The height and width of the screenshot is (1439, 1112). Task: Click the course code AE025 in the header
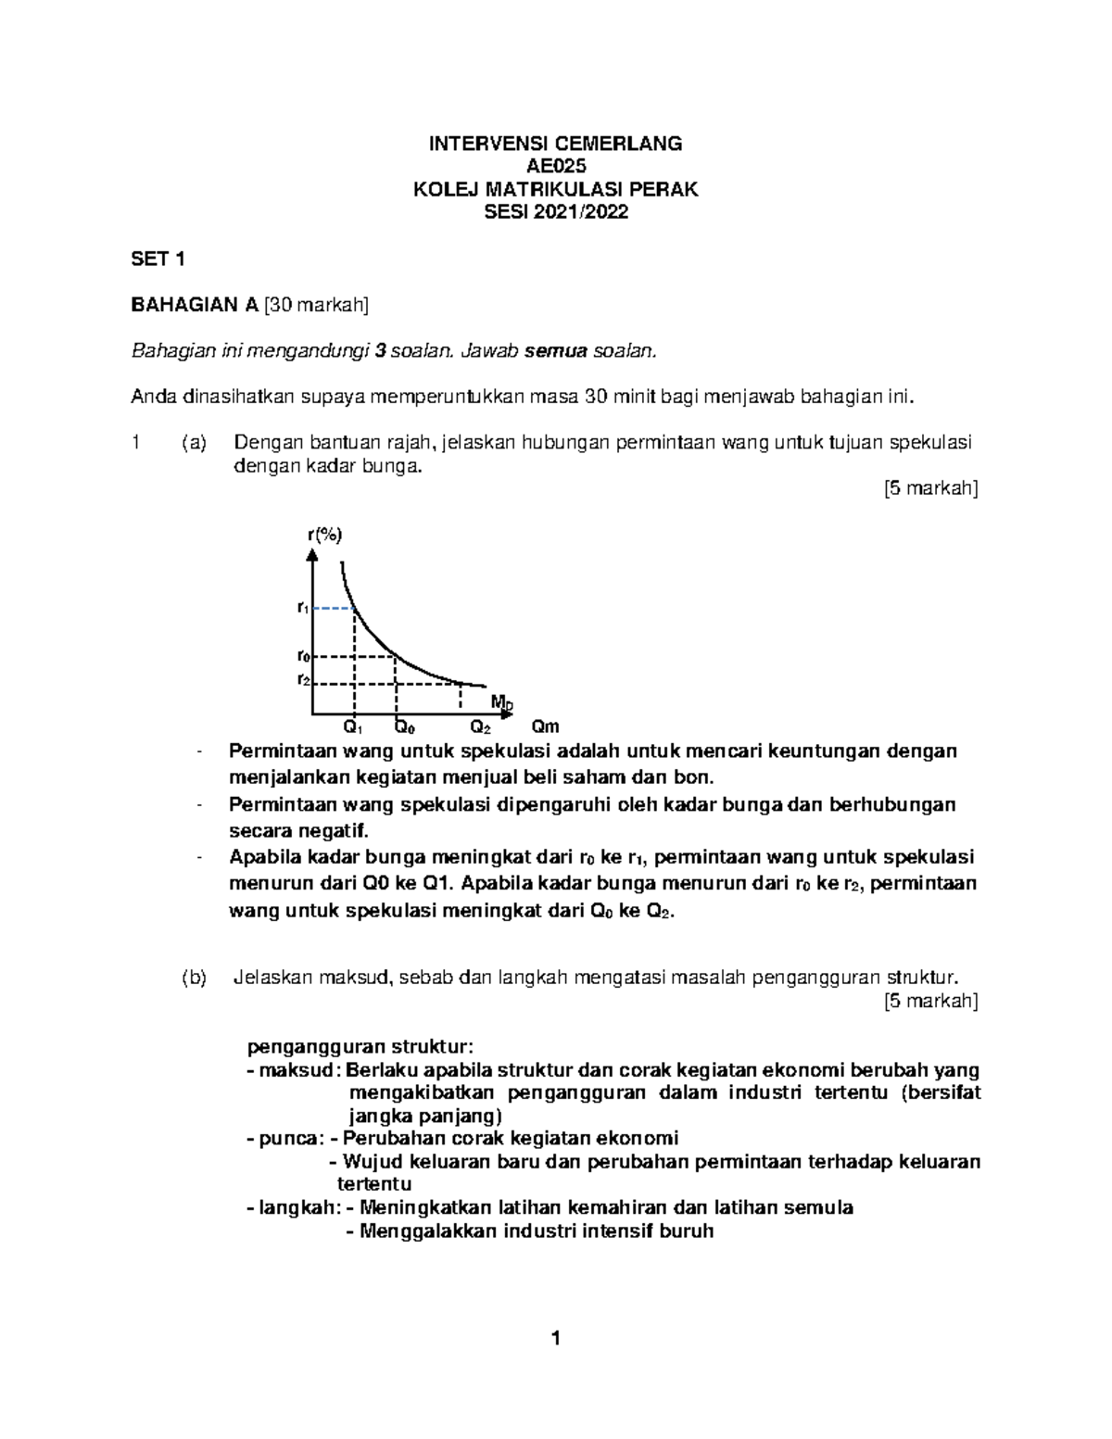(x=556, y=167)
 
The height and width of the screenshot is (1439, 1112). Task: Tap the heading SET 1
(x=158, y=259)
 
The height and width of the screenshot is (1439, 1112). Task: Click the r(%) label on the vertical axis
(x=324, y=535)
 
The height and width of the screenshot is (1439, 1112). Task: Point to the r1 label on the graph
(x=302, y=608)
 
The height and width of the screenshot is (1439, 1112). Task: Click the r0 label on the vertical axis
(x=302, y=656)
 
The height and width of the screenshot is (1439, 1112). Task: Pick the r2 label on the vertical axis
(x=302, y=679)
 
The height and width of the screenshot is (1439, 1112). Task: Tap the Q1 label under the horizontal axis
(x=353, y=727)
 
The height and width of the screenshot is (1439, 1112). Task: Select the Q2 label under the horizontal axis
(x=480, y=727)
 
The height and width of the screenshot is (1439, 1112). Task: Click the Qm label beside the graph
(x=545, y=727)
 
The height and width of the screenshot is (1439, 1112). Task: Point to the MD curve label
(x=501, y=702)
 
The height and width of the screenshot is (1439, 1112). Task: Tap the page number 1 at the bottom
(x=555, y=1338)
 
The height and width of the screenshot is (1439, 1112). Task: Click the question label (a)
(x=195, y=443)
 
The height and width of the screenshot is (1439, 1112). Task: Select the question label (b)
(x=195, y=978)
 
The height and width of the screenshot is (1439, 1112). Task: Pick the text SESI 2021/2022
(x=556, y=212)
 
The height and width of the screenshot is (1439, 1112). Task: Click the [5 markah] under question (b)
(x=931, y=1001)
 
